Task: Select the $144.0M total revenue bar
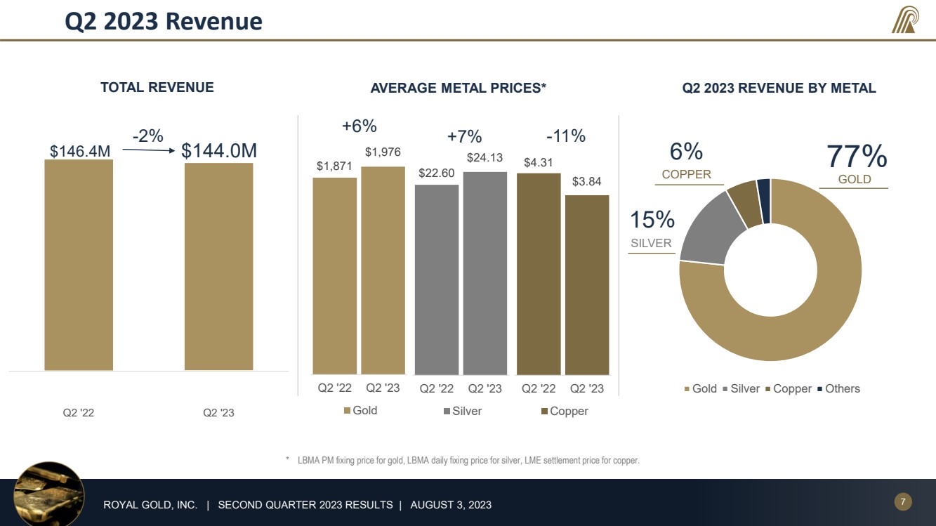tap(218, 267)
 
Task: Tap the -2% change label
tap(148, 136)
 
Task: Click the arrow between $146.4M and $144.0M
tap(148, 150)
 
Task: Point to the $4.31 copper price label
tap(539, 163)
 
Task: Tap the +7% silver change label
tap(464, 136)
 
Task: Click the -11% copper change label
tap(565, 136)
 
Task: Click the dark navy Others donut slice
tap(764, 200)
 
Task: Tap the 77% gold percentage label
tap(856, 157)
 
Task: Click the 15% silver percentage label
tap(652, 220)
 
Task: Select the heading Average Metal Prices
tap(458, 88)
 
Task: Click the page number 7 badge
tap(903, 501)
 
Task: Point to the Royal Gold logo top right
tap(904, 20)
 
